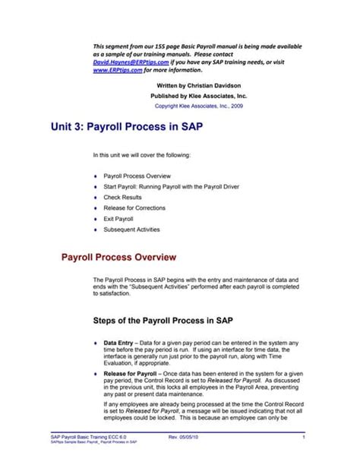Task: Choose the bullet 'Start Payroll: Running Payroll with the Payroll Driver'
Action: click(174, 185)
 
